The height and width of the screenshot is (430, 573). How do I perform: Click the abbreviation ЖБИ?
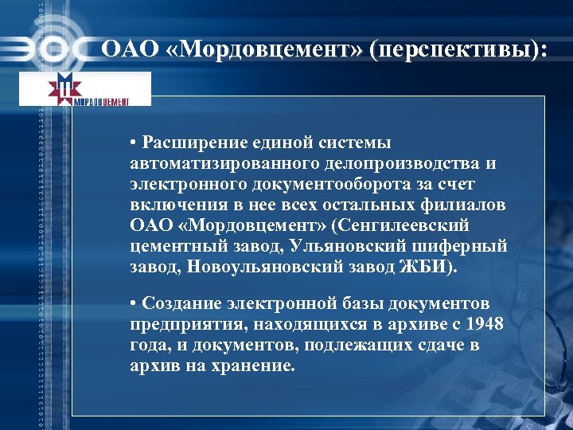pyautogui.click(x=429, y=266)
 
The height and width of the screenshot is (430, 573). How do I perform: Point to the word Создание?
pyautogui.click(x=185, y=305)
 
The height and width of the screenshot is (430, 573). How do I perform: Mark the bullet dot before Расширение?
pyautogui.click(x=136, y=143)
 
